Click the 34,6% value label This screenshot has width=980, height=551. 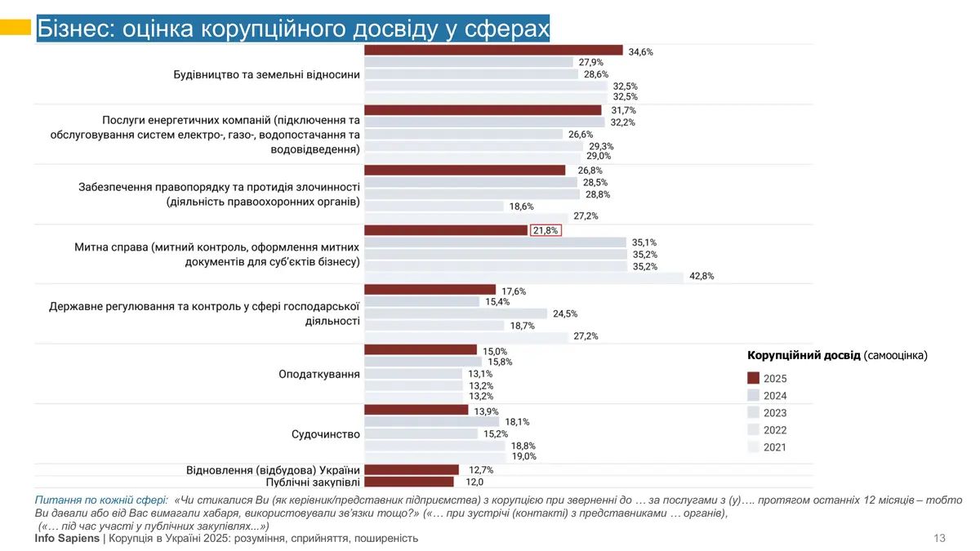pos(640,51)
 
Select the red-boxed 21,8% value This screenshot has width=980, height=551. pos(546,230)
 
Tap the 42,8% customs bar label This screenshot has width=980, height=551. pos(702,276)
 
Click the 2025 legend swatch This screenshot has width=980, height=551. pos(753,379)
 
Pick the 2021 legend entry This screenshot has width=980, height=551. pos(774,447)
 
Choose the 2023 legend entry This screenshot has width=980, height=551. pos(774,413)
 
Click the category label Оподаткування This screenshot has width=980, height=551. pos(319,374)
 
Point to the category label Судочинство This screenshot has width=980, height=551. pos(325,434)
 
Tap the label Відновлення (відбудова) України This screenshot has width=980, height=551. pos(273,470)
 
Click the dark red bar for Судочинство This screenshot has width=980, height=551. pos(416,410)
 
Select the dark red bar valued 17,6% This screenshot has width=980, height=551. pos(430,290)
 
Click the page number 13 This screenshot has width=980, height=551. pos(939,538)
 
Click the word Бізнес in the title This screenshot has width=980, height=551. pos(76,29)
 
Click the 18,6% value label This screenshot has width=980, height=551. pos(521,207)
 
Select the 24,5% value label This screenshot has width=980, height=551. pos(565,313)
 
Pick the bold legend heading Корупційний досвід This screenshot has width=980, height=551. pos(804,355)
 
